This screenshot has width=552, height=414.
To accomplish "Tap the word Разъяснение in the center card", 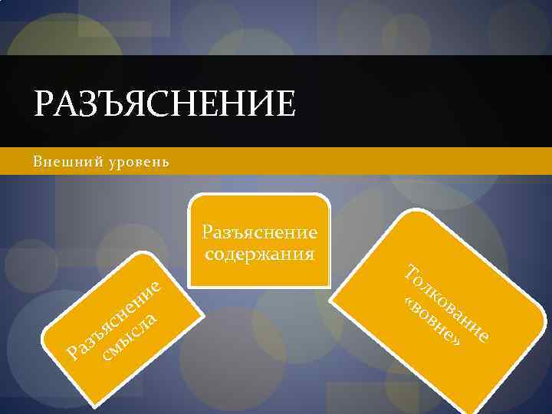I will coord(259,232).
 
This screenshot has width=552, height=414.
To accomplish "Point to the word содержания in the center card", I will coord(259,252).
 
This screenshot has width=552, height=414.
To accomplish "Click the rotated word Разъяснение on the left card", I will coord(115,317).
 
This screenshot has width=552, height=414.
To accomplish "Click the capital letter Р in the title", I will coord(44,103).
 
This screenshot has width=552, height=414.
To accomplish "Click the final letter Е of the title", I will coord(284,103).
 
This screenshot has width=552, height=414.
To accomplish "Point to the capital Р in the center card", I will coord(207,232).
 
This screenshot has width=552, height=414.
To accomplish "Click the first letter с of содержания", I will coord(209,253).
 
